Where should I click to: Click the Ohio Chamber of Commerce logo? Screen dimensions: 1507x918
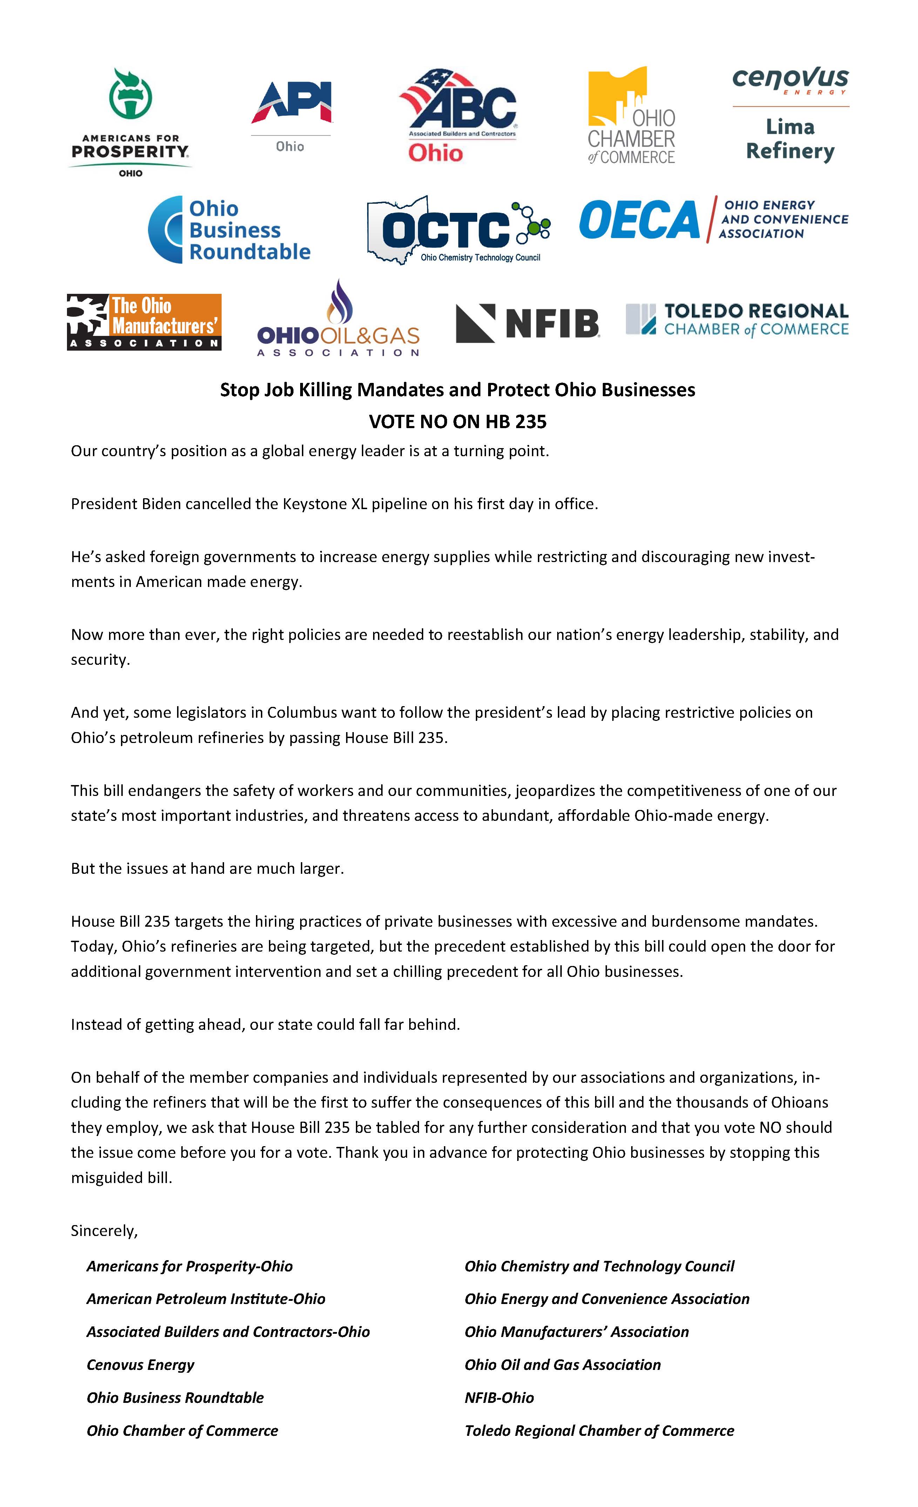click(631, 116)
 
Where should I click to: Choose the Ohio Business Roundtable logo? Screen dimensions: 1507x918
click(230, 230)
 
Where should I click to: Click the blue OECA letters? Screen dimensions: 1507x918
click(639, 220)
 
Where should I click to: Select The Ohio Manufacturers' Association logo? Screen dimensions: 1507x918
click(144, 322)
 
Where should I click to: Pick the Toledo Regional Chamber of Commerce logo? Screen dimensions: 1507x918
click(737, 320)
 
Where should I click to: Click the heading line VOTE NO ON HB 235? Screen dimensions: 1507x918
click(458, 421)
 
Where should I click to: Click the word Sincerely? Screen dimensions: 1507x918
click(104, 1231)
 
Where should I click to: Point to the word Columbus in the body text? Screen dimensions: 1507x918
click(302, 712)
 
